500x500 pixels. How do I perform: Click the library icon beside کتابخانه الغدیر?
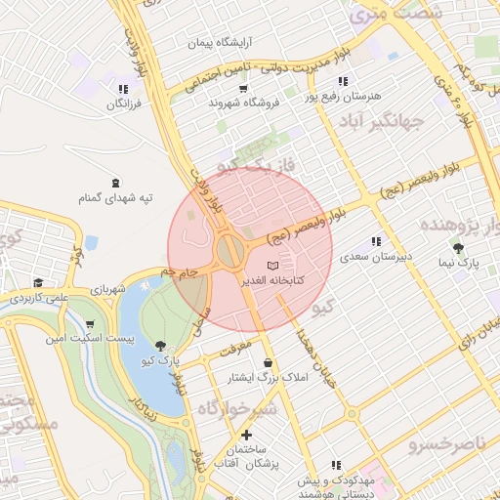[272, 266]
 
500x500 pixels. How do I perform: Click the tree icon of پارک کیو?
[160, 346]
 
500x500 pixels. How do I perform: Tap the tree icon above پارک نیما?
[457, 248]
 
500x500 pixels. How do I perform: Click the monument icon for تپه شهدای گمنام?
[116, 183]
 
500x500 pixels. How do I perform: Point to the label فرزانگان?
[123, 103]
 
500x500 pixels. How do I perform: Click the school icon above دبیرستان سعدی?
[376, 241]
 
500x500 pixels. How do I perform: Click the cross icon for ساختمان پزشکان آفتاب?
[246, 435]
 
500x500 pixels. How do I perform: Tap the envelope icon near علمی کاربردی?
[38, 281]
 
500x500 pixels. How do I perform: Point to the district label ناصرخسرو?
[453, 444]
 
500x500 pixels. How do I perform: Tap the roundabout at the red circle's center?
[231, 252]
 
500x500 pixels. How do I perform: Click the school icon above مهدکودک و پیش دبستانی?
[337, 465]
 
